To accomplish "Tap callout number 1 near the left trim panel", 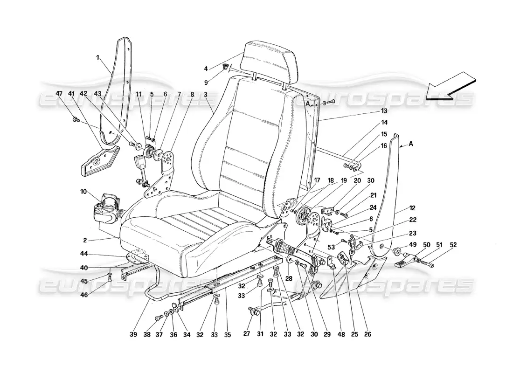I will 98,58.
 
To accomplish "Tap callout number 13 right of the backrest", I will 384,111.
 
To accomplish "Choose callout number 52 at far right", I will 454,245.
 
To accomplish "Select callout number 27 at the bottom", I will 247,334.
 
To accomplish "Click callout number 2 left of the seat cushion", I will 85,241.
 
